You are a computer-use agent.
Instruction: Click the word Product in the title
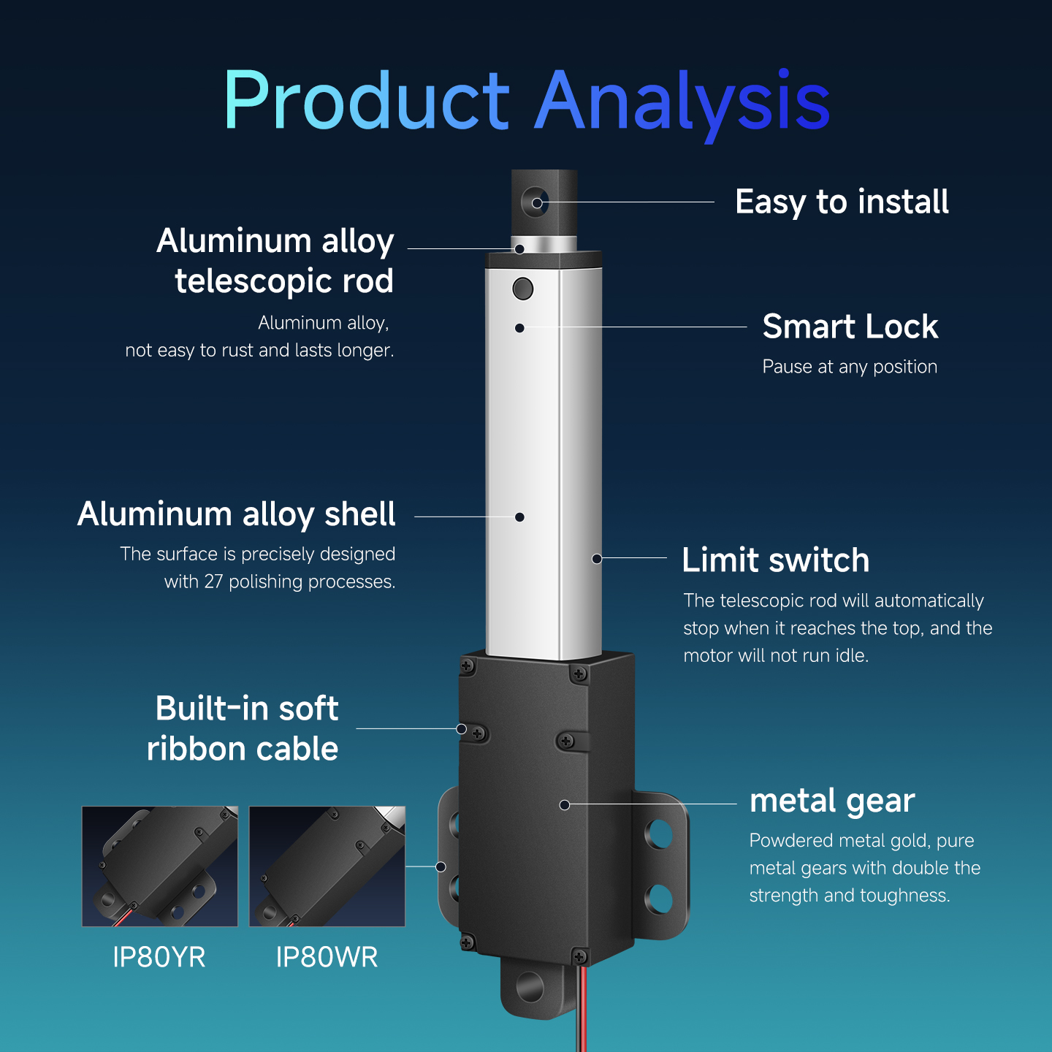click(x=366, y=100)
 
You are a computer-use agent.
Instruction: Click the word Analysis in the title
click(x=682, y=104)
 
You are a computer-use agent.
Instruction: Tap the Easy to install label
click(x=842, y=202)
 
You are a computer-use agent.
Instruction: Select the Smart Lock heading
click(x=850, y=327)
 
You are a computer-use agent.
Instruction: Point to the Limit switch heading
click(x=775, y=560)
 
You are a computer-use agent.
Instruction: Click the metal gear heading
click(x=832, y=801)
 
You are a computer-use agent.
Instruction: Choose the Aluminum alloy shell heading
click(x=237, y=515)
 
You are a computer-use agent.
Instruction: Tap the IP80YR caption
click(x=159, y=957)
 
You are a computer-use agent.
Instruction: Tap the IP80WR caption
click(x=327, y=957)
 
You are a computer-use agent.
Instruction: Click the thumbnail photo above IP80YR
click(x=160, y=866)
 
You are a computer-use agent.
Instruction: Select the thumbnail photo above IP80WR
click(x=327, y=866)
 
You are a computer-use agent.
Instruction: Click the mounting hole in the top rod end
click(x=535, y=202)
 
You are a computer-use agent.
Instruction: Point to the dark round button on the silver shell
click(x=522, y=289)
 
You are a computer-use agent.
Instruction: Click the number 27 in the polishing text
click(x=213, y=582)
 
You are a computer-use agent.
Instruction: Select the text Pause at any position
click(x=850, y=367)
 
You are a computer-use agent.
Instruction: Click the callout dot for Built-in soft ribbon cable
click(x=461, y=729)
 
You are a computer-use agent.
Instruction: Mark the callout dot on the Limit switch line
click(x=597, y=558)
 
